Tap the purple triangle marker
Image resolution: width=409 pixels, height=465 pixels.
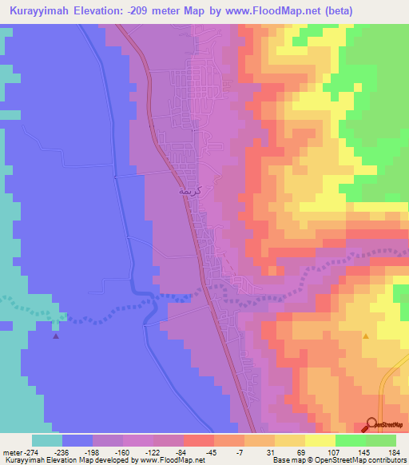coord(55,336)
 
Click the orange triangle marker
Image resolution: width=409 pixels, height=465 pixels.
coord(366,336)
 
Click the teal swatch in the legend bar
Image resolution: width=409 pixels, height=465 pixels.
coord(47,440)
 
